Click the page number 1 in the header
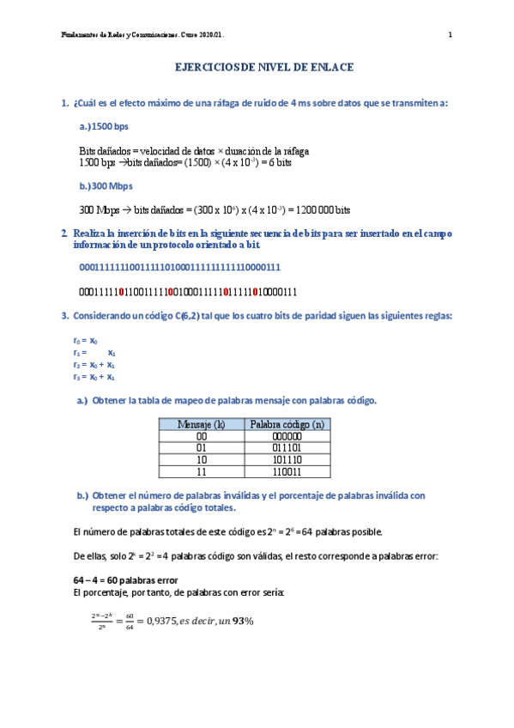click(450, 35)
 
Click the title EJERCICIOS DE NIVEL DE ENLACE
click(264, 66)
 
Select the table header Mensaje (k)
click(201, 423)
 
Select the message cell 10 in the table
click(201, 459)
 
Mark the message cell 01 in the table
click(201, 447)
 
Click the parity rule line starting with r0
click(85, 341)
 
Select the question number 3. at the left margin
click(66, 316)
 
